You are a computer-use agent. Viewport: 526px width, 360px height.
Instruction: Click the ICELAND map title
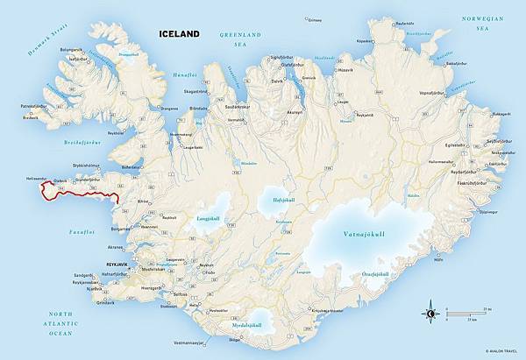pyautogui.click(x=179, y=35)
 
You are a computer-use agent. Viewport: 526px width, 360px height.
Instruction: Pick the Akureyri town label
pyautogui.click(x=294, y=112)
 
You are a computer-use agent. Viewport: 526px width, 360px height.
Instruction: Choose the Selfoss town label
pyautogui.click(x=181, y=295)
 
